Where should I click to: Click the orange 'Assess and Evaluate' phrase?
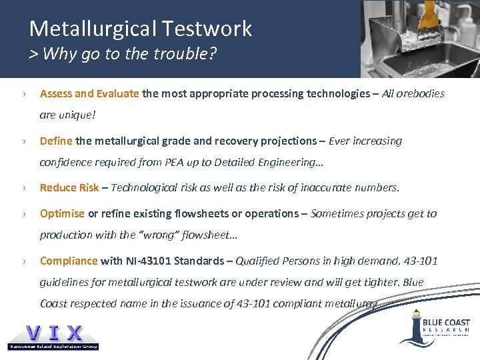point(89,94)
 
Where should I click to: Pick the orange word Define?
point(56,141)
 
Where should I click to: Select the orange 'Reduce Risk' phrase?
point(69,188)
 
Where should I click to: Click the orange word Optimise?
point(62,214)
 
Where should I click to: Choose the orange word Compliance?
point(69,261)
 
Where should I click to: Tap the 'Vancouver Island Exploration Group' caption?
point(53,346)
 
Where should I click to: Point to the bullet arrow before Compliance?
point(23,261)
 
